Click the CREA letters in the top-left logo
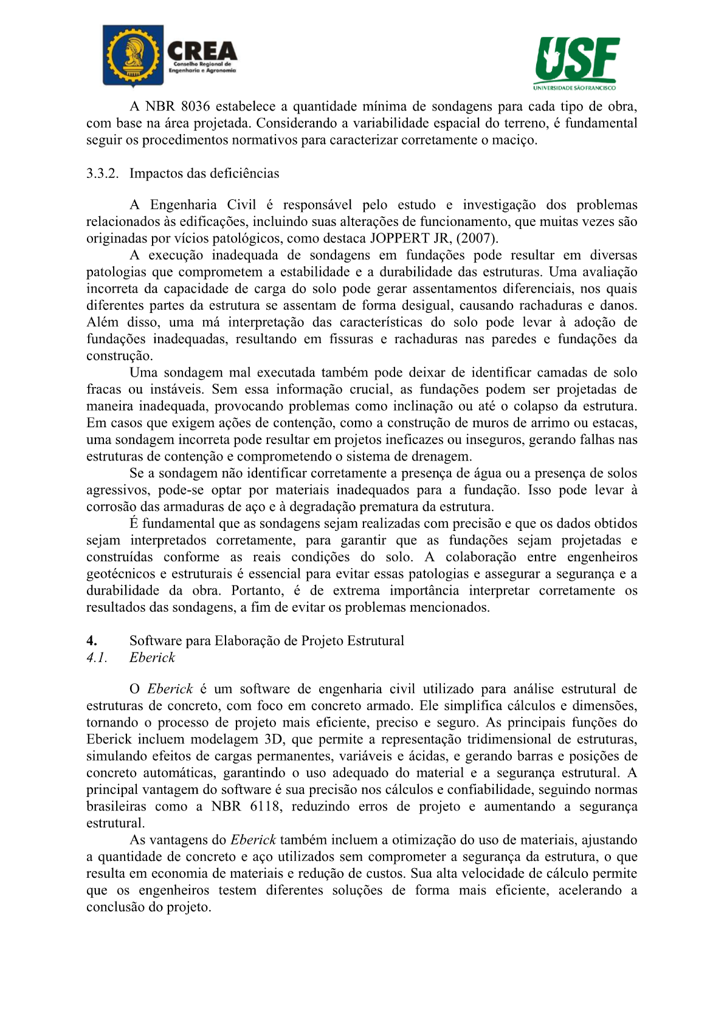pos(202,51)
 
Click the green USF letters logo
pos(577,58)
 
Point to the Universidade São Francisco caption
pos(574,87)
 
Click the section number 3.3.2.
pos(102,174)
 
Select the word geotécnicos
pos(121,574)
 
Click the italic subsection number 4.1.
pos(97,658)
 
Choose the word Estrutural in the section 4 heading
pos(375,641)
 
